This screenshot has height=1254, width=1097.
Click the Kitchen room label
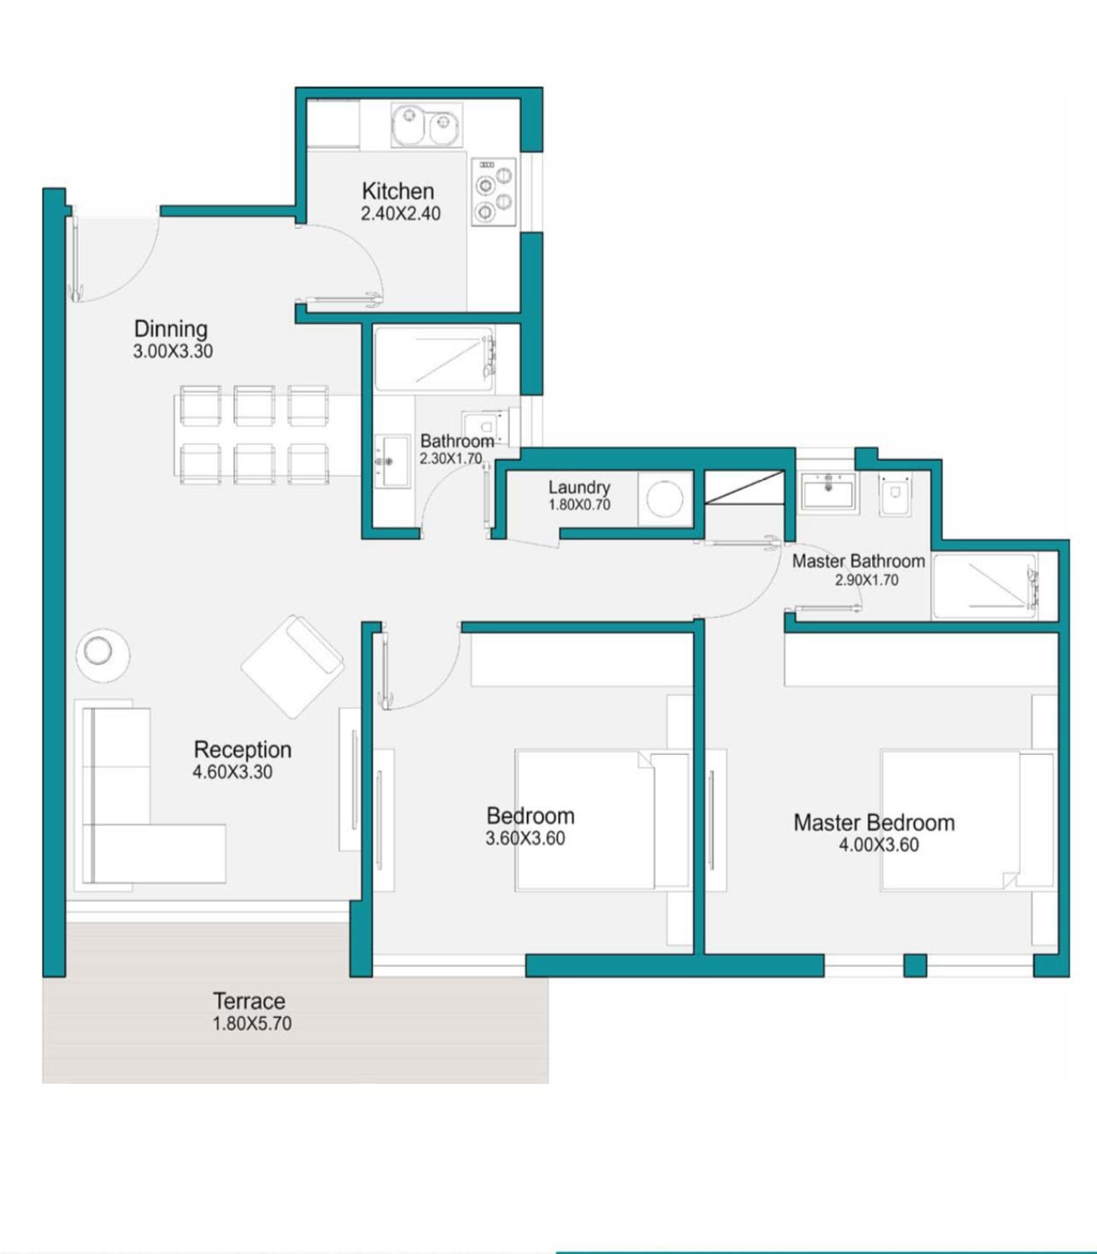(398, 191)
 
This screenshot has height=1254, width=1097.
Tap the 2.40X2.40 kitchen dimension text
(400, 214)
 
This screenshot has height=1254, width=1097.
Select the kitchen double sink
(427, 126)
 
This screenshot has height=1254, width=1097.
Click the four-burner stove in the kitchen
(493, 192)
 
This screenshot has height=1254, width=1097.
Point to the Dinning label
(171, 329)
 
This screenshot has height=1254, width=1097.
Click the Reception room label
(243, 749)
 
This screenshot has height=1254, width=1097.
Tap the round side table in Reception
(103, 655)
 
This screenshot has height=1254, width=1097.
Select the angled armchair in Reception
(292, 666)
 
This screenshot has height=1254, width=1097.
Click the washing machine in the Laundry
(665, 498)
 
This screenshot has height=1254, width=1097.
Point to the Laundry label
(579, 487)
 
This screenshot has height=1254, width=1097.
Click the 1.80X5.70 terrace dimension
(252, 1023)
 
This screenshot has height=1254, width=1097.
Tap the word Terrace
(249, 1001)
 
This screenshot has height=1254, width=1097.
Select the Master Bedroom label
(874, 823)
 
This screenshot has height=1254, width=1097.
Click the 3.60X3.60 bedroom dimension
(525, 838)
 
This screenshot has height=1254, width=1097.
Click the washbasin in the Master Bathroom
(828, 490)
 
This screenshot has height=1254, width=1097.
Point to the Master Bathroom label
(859, 561)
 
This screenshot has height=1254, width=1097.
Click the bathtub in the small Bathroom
(435, 359)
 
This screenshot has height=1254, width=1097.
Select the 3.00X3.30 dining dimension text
(173, 352)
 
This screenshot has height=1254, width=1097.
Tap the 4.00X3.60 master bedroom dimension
(879, 845)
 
